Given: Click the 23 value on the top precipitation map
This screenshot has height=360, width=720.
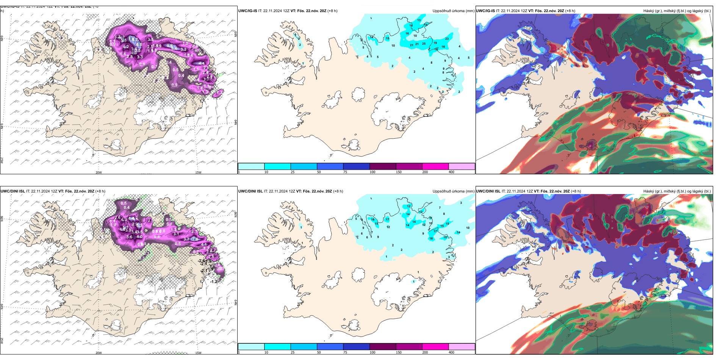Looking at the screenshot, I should [447, 39].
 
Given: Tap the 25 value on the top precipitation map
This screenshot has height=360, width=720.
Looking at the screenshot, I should [424, 44].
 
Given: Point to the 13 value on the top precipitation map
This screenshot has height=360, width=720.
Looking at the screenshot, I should [419, 20].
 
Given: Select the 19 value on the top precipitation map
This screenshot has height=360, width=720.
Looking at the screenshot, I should [435, 43].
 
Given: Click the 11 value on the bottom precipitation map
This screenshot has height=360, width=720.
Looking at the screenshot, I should [430, 218].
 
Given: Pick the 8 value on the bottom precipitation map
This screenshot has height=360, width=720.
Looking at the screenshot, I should [444, 214].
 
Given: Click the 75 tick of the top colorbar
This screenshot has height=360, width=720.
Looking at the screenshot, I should [345, 172].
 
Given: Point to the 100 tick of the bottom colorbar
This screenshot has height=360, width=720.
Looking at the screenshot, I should [373, 352].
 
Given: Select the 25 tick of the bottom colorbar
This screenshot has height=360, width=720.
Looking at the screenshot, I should [292, 352].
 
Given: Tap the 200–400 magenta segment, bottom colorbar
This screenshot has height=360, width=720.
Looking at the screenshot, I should [435, 347].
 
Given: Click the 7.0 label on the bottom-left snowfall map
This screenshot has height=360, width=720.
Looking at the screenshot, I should [195, 239].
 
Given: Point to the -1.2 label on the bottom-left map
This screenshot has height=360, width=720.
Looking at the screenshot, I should [214, 282].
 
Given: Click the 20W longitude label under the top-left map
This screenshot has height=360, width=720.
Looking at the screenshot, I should [99, 172].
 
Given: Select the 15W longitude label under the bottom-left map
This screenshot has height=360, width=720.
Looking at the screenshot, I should [198, 353].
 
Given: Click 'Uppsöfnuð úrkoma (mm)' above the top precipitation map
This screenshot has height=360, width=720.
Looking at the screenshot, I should [453, 11].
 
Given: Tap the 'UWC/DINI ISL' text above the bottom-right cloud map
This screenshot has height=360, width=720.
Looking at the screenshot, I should [488, 191].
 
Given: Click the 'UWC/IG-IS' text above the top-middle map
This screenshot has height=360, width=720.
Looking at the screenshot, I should [247, 11].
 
